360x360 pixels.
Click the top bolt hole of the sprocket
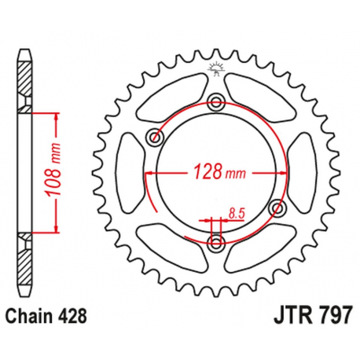216,100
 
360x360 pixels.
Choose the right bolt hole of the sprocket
277,208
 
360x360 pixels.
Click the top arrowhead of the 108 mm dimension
57,115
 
